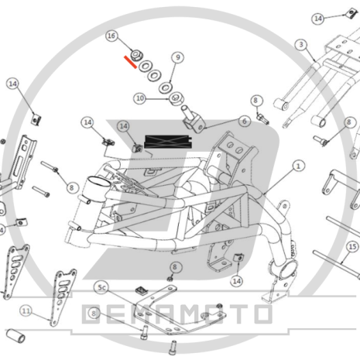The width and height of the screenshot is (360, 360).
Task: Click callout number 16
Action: [x=112, y=36]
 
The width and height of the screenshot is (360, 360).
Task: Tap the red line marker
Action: [x=129, y=61]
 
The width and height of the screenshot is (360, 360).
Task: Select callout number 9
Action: [x=177, y=57]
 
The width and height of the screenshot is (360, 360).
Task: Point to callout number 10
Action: [x=139, y=98]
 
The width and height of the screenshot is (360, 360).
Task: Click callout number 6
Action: [x=244, y=122]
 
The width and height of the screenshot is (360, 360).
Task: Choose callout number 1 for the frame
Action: [x=299, y=166]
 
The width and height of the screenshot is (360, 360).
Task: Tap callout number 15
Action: [x=352, y=247]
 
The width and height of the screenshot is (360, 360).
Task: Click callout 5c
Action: [x=101, y=287]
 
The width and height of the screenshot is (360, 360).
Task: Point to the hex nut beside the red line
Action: [x=135, y=55]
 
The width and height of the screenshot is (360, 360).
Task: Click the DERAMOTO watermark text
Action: [x=177, y=314]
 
